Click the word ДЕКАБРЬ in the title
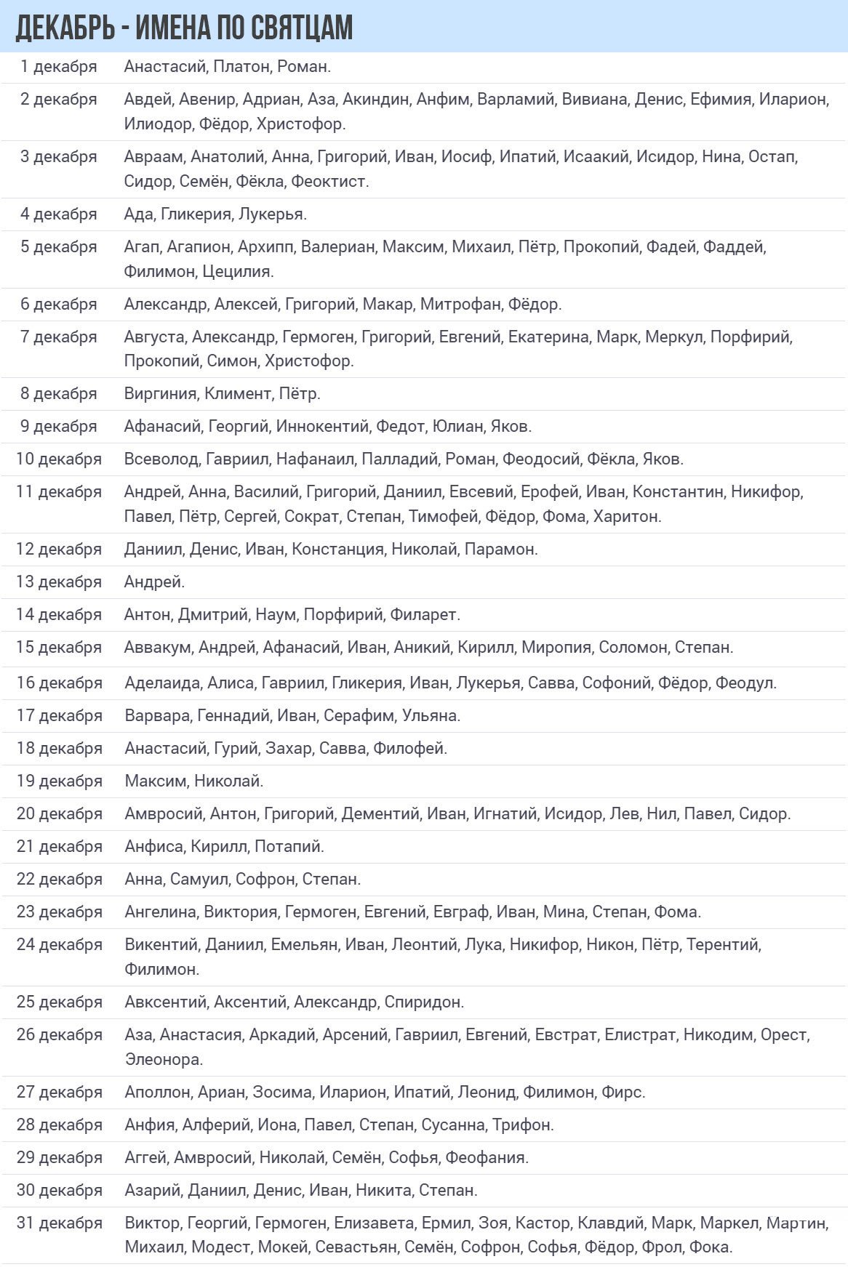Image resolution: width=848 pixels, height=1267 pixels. click(x=65, y=28)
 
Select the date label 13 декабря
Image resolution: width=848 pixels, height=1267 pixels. click(x=59, y=582)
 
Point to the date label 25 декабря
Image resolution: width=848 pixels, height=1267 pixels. click(x=59, y=1002)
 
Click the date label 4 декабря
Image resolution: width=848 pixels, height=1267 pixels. click(x=59, y=214)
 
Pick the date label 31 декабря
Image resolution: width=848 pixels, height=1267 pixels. click(x=59, y=1223)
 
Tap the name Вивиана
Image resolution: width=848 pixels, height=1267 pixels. click(x=594, y=99)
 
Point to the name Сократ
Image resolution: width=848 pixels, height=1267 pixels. click(x=311, y=516)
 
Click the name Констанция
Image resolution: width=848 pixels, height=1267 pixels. click(x=337, y=549)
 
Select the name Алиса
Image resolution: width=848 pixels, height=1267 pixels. click(x=231, y=683)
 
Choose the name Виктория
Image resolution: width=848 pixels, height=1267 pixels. click(x=241, y=912)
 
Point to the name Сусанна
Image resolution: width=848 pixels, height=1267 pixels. click(x=453, y=1125)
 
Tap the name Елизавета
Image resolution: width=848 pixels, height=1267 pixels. click(x=375, y=1223)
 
